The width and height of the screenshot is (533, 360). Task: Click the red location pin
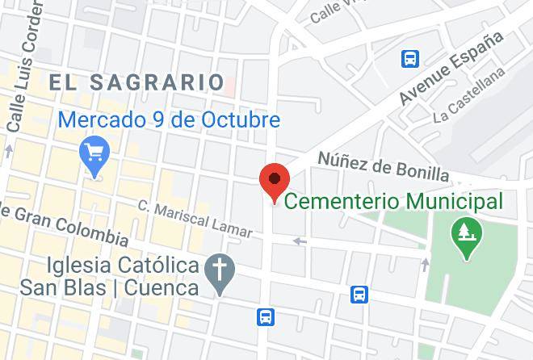click(x=275, y=180)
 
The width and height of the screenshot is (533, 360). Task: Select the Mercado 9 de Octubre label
click(x=170, y=121)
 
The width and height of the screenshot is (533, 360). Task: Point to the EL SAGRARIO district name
click(x=136, y=82)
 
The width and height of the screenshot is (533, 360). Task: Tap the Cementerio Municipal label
click(x=395, y=200)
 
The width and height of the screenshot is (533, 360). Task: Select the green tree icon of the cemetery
click(x=466, y=235)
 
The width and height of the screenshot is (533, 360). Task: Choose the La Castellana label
click(x=469, y=106)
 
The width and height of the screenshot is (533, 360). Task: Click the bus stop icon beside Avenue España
click(x=410, y=58)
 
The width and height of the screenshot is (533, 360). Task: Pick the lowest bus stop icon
click(x=266, y=317)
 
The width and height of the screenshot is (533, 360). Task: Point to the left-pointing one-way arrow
click(x=300, y=241)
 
